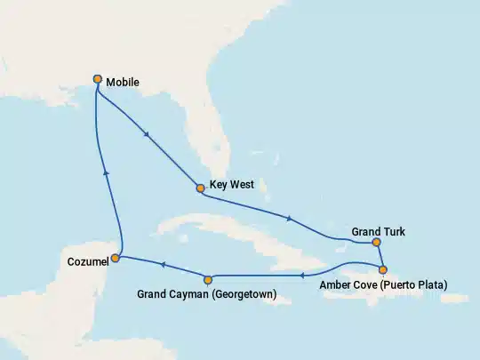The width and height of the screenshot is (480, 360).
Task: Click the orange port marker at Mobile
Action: point(97,79)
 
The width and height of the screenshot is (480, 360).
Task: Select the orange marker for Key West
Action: point(201,188)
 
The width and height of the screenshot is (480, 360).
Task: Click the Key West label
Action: point(232,186)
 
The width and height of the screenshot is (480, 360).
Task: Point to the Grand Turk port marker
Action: point(377,242)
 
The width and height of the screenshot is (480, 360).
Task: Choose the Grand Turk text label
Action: point(378,231)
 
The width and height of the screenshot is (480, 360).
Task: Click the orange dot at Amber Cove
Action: point(383,269)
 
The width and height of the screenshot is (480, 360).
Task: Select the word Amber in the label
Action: point(335,284)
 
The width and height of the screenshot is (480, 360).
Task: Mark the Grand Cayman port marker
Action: point(208,278)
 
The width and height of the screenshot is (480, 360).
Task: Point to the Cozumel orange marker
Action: point(116,258)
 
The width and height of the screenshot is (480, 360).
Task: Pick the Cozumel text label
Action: point(87,261)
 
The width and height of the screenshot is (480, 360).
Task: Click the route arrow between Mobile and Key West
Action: point(146,134)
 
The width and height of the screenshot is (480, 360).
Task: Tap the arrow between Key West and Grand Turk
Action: point(289,218)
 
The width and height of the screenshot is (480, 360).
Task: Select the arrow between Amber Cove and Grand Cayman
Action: point(302,276)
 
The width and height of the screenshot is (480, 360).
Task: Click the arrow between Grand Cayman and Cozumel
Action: point(162,264)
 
